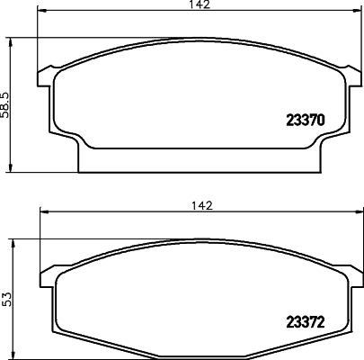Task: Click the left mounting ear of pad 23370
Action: pyautogui.click(x=46, y=71)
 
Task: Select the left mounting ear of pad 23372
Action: pyautogui.click(x=46, y=273)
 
